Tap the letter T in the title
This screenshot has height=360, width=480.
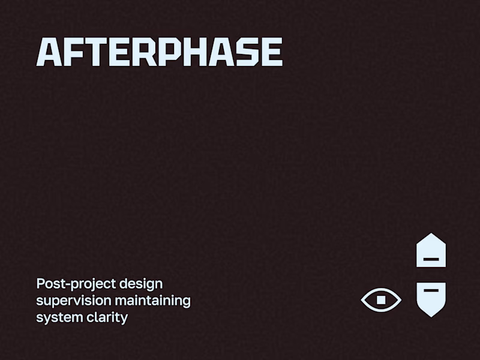click(103, 52)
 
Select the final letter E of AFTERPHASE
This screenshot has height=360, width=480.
click(272, 52)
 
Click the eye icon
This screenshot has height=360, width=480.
click(381, 299)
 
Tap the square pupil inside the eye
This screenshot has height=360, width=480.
click(381, 299)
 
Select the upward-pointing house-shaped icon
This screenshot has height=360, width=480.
click(431, 251)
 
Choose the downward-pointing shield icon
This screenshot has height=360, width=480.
click(431, 298)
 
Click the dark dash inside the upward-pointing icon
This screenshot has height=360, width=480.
click(431, 259)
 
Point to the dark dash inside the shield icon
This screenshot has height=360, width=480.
click(431, 290)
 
